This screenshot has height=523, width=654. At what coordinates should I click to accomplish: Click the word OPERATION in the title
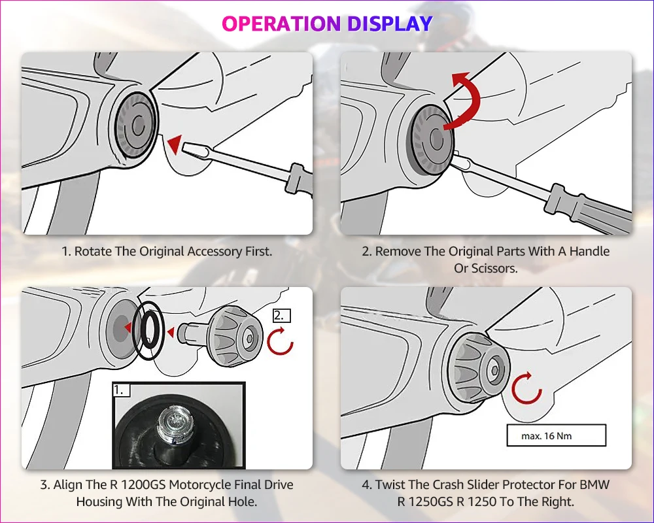click(281, 24)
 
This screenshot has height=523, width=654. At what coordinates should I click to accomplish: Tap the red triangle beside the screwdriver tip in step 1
click(173, 144)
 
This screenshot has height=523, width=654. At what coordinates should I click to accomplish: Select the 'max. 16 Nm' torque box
click(556, 435)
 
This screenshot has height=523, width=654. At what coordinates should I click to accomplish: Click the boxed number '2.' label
click(281, 315)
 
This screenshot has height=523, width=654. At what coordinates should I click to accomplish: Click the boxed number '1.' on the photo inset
click(122, 390)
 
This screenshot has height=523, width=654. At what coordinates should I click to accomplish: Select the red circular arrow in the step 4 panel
click(526, 388)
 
